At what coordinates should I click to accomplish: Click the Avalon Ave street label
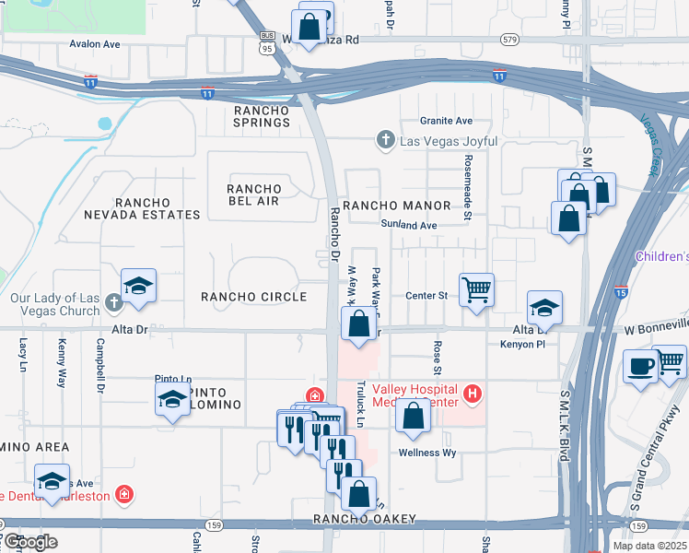tap(95, 43)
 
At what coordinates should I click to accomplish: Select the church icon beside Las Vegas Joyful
tap(385, 141)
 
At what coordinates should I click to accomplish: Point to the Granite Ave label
tap(446, 121)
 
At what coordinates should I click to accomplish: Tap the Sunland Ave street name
tap(408, 225)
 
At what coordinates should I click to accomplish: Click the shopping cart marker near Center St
tap(476, 290)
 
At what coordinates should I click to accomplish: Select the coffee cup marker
tap(641, 366)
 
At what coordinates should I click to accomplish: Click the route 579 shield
tap(510, 40)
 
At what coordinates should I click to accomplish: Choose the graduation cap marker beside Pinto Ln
tap(172, 399)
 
